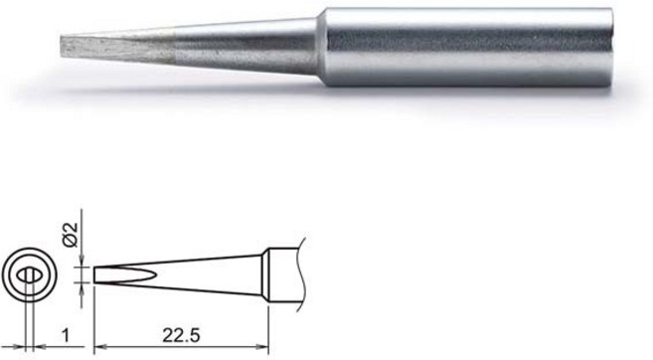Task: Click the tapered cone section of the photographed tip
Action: tap(248, 46)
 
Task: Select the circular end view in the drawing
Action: tap(29, 273)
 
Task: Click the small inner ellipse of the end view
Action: tap(30, 273)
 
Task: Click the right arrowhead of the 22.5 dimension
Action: tap(266, 345)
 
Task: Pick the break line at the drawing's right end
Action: tap(299, 272)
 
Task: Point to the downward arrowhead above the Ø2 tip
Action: tap(82, 261)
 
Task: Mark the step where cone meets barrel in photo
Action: tap(320, 46)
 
